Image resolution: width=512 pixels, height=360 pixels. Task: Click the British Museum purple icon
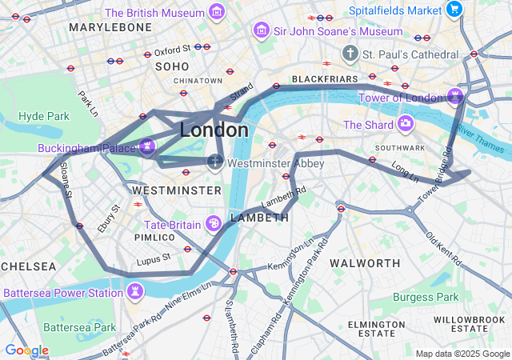click(215, 12)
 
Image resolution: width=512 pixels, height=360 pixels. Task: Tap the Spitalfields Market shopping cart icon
click(454, 10)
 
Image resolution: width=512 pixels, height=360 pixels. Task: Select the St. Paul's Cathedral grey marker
click(350, 54)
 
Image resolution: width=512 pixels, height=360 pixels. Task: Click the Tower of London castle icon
click(455, 97)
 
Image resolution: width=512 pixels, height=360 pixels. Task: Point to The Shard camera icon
click(406, 124)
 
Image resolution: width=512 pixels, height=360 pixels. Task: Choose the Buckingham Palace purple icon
click(146, 146)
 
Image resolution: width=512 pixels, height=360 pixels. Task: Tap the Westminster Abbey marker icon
click(214, 162)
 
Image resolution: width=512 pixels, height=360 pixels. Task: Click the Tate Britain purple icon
click(214, 223)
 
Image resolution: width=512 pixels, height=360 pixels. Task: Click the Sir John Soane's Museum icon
click(260, 30)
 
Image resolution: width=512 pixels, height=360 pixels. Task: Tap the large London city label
click(214, 130)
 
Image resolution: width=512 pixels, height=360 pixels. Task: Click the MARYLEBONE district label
click(110, 27)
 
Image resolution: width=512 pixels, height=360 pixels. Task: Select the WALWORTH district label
click(365, 263)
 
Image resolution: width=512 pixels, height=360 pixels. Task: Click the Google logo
click(26, 350)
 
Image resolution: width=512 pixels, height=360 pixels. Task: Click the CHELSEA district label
click(29, 266)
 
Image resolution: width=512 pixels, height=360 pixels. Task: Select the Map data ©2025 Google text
click(462, 353)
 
